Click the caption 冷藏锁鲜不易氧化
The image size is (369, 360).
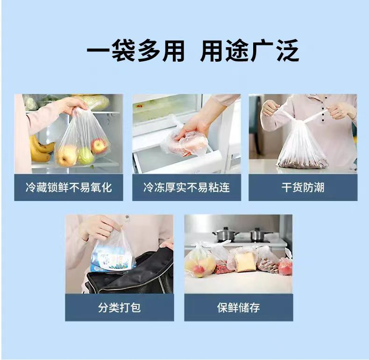pyautogui.click(x=69, y=187)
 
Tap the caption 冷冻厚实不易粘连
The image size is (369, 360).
pyautogui.click(x=186, y=187)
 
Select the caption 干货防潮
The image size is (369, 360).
pyautogui.click(x=303, y=187)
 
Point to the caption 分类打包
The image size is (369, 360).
pyautogui.click(x=119, y=308)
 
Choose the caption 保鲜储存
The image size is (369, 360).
pyautogui.click(x=238, y=308)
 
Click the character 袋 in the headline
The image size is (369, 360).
pyautogui.click(x=123, y=50)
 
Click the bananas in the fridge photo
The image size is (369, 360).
pyautogui.click(x=40, y=148)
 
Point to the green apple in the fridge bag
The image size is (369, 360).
pyautogui.click(x=86, y=156)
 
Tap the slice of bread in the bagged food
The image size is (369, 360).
pyautogui.click(x=245, y=262)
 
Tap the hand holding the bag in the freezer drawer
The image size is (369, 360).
pyautogui.click(x=191, y=132)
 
